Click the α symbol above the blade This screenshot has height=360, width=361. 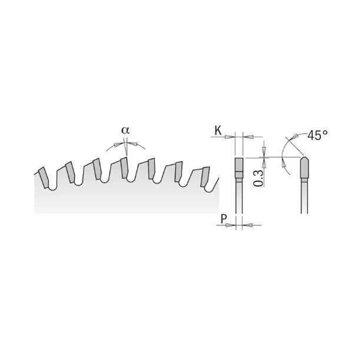point(125,130)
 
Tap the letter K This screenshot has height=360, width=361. point(218,131)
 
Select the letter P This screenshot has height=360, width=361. point(224,219)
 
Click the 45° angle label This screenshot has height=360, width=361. point(317,135)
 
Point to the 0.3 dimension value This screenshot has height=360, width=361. point(258,178)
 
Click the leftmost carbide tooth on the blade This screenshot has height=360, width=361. point(44,178)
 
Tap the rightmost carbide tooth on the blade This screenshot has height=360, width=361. point(205,176)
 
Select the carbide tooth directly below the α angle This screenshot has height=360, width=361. point(124,168)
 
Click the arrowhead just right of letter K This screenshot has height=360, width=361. point(230,137)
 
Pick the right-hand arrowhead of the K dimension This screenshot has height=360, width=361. point(249,137)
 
